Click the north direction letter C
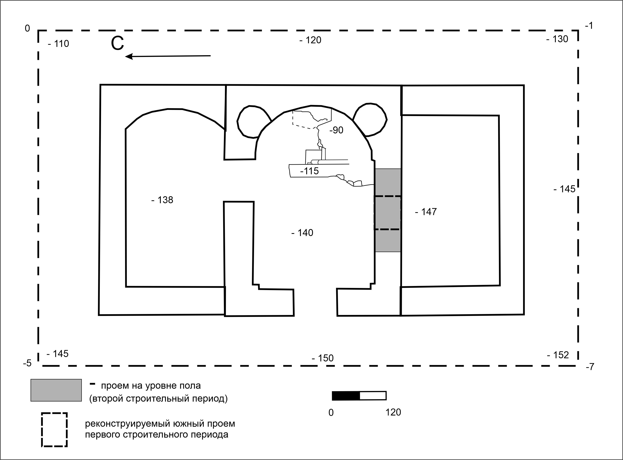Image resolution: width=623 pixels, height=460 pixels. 117,44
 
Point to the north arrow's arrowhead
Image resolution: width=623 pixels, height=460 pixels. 129,57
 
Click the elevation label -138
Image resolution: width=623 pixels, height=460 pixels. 162,200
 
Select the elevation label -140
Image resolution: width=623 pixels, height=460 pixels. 302,233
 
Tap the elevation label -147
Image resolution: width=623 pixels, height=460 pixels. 426,212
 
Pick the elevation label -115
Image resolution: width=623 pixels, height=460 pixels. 309,171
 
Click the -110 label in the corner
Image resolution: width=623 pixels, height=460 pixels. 58,44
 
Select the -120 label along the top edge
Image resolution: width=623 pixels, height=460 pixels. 310,40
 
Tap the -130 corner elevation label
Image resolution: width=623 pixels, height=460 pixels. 557,39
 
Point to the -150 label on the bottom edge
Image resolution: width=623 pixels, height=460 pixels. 323,358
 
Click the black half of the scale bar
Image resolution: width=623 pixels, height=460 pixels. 346,396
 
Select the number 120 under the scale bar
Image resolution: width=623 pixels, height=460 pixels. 393,412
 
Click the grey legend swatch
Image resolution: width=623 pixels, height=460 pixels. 56,390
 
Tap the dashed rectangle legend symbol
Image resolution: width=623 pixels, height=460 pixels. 55,413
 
